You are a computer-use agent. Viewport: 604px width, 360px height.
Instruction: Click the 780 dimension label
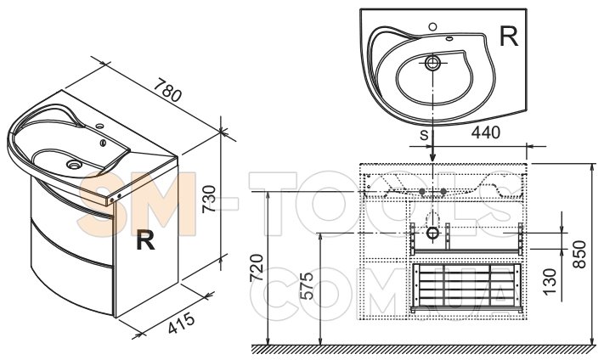[x=167, y=91]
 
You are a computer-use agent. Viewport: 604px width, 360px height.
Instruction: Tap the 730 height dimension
[x=209, y=199]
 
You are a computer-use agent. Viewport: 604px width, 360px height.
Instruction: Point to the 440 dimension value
[x=486, y=132]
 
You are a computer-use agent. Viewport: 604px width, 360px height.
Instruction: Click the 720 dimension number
[x=257, y=268]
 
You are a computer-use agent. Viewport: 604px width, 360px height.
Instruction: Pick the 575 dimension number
[x=307, y=286]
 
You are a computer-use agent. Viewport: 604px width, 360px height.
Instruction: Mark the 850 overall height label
[x=579, y=255]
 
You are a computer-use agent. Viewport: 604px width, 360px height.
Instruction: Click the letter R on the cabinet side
[x=145, y=239]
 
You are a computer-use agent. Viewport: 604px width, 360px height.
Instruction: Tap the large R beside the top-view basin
[x=509, y=37]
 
